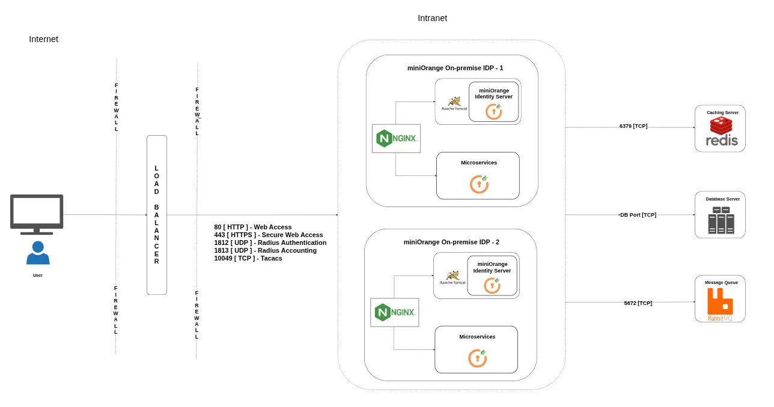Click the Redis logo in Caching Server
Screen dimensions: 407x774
tap(721, 133)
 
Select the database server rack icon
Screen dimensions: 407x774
tap(721, 220)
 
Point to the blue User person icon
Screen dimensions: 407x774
tap(38, 253)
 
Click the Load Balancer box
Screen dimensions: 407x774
tap(157, 215)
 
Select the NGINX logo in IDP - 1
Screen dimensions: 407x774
tap(396, 139)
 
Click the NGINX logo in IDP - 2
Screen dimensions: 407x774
tap(394, 312)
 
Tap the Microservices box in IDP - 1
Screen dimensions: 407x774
tap(478, 175)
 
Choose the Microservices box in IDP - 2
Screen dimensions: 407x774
tap(476, 349)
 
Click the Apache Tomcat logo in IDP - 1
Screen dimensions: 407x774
tap(454, 103)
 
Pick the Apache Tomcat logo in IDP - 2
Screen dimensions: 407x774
tap(453, 277)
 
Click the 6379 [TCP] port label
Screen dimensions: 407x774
tap(633, 126)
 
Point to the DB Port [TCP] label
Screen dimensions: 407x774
tap(638, 215)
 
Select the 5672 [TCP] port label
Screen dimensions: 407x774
tap(638, 303)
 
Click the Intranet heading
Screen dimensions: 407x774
tap(432, 18)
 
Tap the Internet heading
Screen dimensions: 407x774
tap(43, 39)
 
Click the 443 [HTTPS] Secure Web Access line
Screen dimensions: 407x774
tap(269, 235)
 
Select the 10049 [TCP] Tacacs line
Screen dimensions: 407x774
tap(248, 258)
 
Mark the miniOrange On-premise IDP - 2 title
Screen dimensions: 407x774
tap(451, 242)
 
